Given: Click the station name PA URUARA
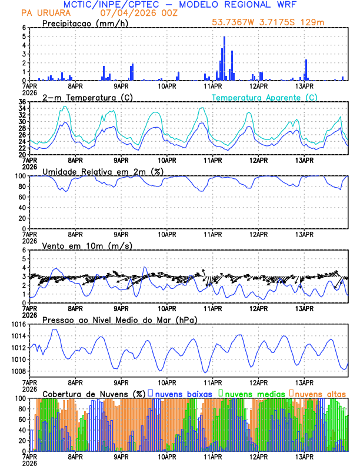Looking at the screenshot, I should click(x=44, y=13).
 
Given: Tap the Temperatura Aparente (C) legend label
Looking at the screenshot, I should click(x=265, y=97).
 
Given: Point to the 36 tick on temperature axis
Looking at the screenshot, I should click(x=22, y=102).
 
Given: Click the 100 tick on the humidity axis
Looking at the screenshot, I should click(x=20, y=176).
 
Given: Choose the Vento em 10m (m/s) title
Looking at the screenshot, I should click(x=87, y=245).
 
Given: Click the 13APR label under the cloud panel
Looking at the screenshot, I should click(x=304, y=457).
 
